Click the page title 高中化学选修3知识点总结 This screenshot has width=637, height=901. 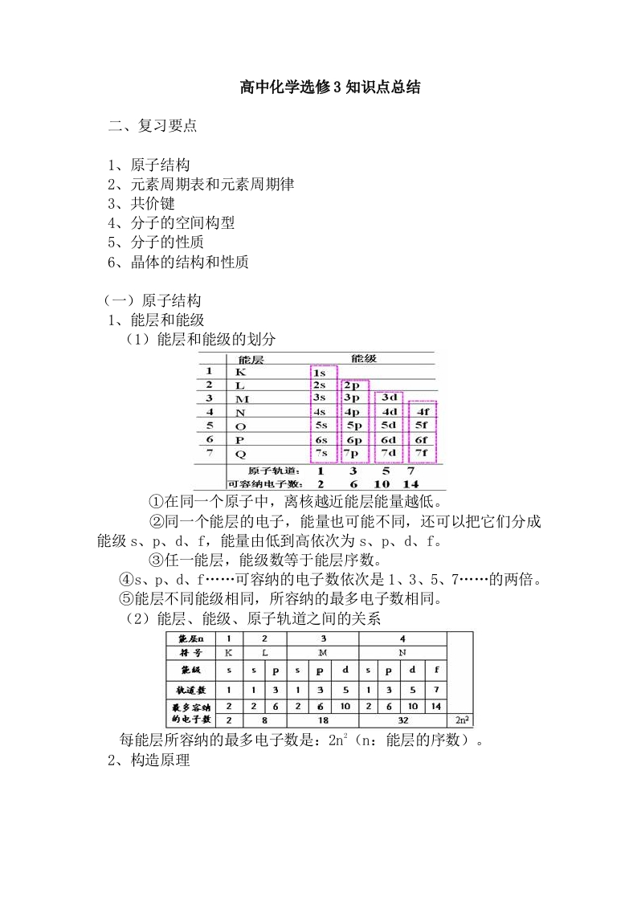pyautogui.click(x=331, y=88)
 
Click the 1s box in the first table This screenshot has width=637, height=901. pyautogui.click(x=321, y=373)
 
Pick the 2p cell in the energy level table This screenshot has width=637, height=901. pyautogui.click(x=353, y=386)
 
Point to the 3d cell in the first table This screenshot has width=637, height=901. pyautogui.click(x=389, y=397)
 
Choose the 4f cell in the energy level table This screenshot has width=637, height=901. pyautogui.click(x=422, y=411)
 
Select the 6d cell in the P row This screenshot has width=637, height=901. pyautogui.click(x=389, y=440)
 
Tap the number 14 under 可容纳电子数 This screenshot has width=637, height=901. pyautogui.click(x=410, y=483)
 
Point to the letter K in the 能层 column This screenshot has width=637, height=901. pyautogui.click(x=240, y=373)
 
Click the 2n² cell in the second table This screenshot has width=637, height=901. pyautogui.click(x=461, y=720)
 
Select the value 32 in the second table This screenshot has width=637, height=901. pyautogui.click(x=402, y=721)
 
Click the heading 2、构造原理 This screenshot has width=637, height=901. pyautogui.click(x=149, y=760)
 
